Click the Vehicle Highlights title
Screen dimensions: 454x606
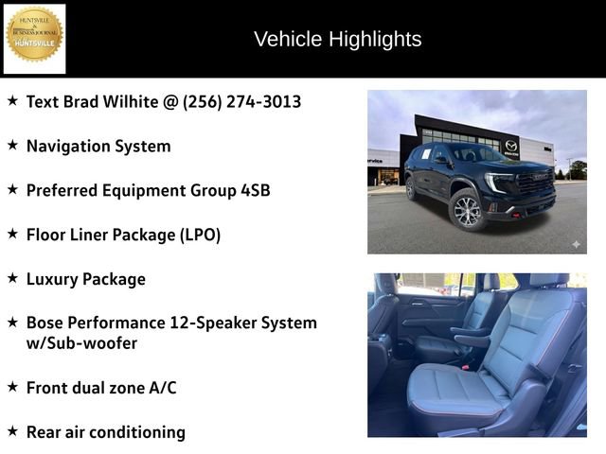point(338,39)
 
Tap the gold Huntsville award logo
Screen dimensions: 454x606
point(35,38)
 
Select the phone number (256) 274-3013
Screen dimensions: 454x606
point(241,101)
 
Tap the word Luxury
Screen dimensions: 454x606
point(56,279)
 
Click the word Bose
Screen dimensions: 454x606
point(47,323)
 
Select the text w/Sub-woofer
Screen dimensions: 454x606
point(82,343)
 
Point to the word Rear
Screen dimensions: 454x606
point(45,432)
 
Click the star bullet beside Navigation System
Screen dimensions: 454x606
point(12,145)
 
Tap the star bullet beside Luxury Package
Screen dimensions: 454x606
point(12,278)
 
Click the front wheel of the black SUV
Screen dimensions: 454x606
point(468,210)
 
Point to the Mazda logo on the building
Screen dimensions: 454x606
point(511,146)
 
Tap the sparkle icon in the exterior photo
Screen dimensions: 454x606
point(575,243)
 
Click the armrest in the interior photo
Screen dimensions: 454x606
point(472,332)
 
